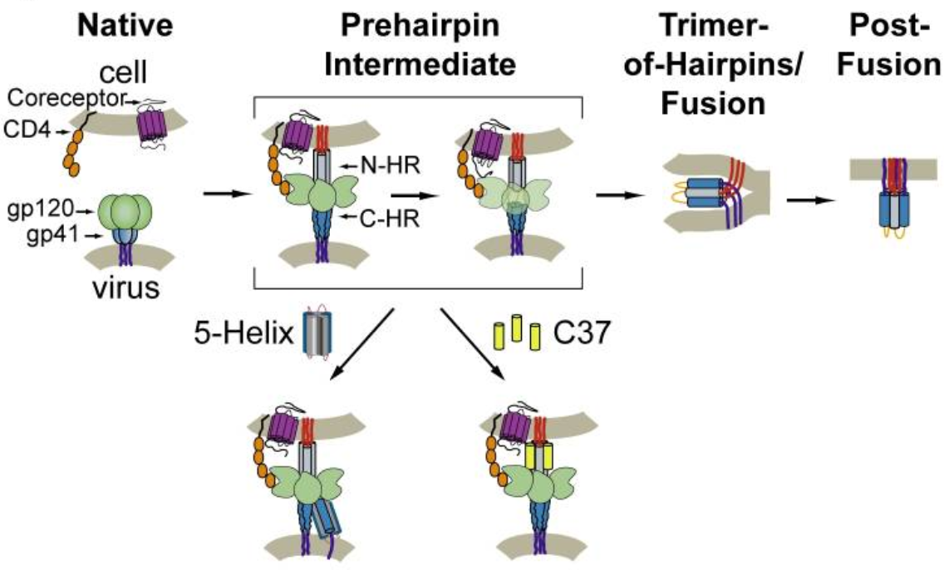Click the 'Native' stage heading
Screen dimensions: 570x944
coord(125,26)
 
